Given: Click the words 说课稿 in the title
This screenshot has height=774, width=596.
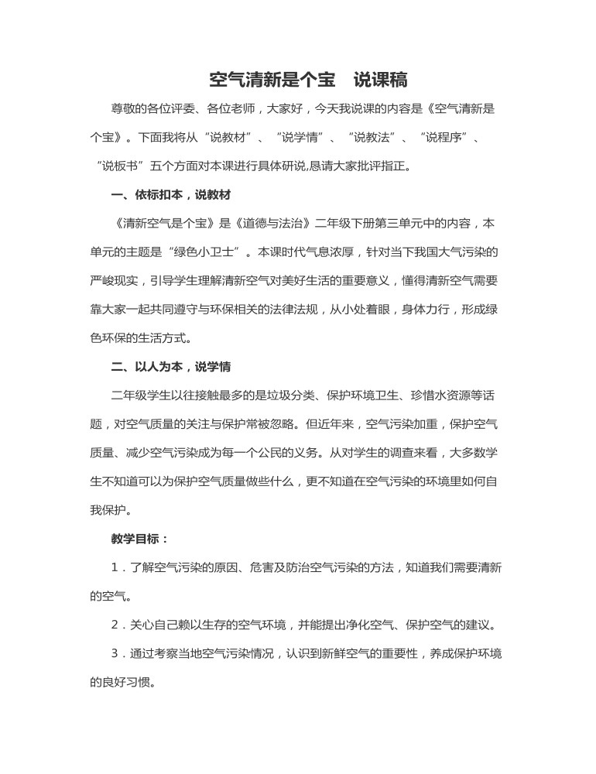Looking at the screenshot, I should click(381, 80).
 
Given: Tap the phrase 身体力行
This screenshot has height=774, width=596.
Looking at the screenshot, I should click(430, 309).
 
